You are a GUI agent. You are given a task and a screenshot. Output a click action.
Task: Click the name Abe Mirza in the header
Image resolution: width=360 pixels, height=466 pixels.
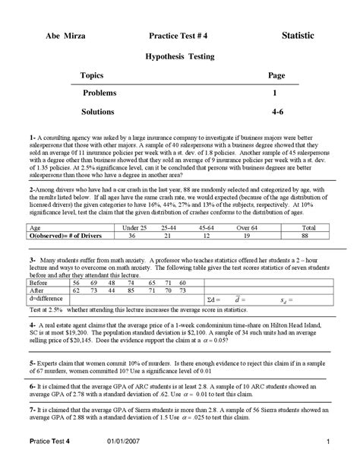point(66,36)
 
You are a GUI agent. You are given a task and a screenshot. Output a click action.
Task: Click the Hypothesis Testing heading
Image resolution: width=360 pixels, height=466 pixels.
point(180,56)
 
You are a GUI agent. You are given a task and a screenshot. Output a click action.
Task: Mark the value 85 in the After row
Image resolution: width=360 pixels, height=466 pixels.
point(131,290)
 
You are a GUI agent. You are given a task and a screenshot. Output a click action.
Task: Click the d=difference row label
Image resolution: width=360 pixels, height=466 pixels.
point(46,300)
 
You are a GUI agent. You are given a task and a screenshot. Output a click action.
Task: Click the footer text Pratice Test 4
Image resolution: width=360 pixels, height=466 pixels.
point(50,442)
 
